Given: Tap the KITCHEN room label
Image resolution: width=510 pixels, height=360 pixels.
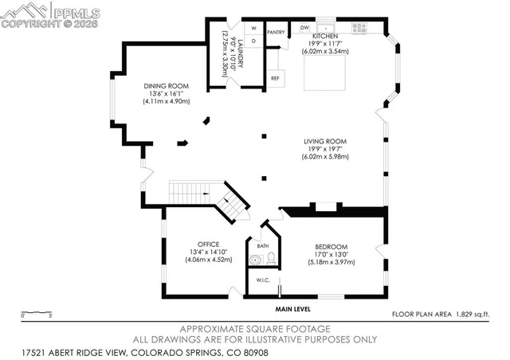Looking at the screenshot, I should point(325,37).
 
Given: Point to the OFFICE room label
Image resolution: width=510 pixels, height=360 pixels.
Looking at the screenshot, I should point(208,245).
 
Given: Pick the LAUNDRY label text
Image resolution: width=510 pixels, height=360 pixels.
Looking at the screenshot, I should point(233,53).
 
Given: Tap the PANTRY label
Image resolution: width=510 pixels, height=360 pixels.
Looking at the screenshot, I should point(276,33).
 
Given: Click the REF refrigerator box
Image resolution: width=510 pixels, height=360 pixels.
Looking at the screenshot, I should point(276,78).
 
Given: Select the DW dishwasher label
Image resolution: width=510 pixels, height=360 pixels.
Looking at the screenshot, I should point(304,28).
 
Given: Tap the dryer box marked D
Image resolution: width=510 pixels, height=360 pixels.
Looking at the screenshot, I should point(253,40).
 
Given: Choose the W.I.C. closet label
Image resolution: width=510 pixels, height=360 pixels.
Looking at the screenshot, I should point(262,280).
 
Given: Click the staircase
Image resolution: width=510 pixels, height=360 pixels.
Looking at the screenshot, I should point(209,198).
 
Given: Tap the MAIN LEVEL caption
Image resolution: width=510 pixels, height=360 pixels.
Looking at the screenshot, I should point(293,309).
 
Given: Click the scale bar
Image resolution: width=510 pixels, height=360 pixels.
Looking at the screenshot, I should point(37,311).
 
